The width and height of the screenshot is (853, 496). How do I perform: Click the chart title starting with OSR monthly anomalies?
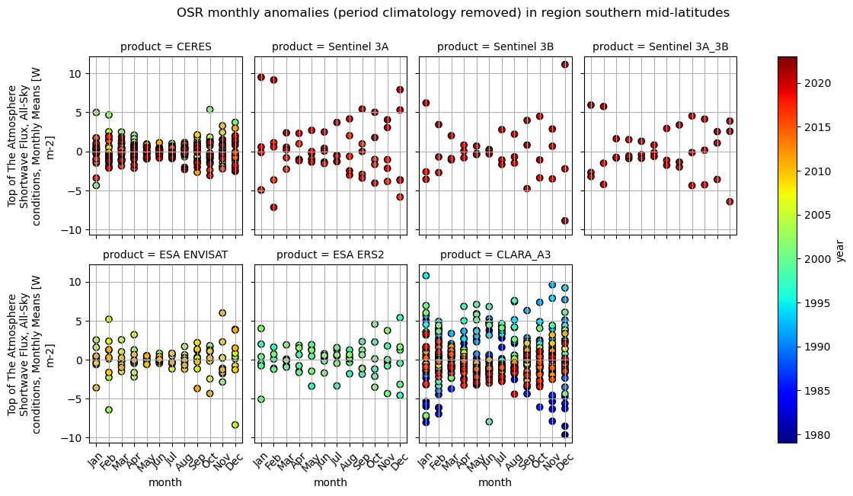click(452, 13)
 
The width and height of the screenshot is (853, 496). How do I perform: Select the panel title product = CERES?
click(165, 47)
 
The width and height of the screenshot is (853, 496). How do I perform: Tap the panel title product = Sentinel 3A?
click(330, 47)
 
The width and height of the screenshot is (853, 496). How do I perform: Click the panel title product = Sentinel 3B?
click(495, 47)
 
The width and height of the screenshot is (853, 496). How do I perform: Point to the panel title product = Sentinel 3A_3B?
click(660, 47)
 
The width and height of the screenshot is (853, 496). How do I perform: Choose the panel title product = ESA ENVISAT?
click(165, 254)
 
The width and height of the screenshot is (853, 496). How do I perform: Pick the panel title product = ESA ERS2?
click(330, 254)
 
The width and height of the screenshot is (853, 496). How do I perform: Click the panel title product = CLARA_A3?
click(495, 254)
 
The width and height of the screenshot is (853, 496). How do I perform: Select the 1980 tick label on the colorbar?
click(815, 435)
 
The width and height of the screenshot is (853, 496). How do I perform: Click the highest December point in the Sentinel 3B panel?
click(564, 65)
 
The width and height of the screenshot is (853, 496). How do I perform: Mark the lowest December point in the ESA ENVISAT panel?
click(235, 425)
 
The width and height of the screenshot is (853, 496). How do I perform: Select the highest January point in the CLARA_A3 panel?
click(426, 276)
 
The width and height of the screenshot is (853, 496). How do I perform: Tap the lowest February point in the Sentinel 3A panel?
click(273, 207)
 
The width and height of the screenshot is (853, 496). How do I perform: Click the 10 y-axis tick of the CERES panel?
click(76, 73)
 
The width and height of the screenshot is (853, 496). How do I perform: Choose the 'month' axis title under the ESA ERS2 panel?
click(330, 482)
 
